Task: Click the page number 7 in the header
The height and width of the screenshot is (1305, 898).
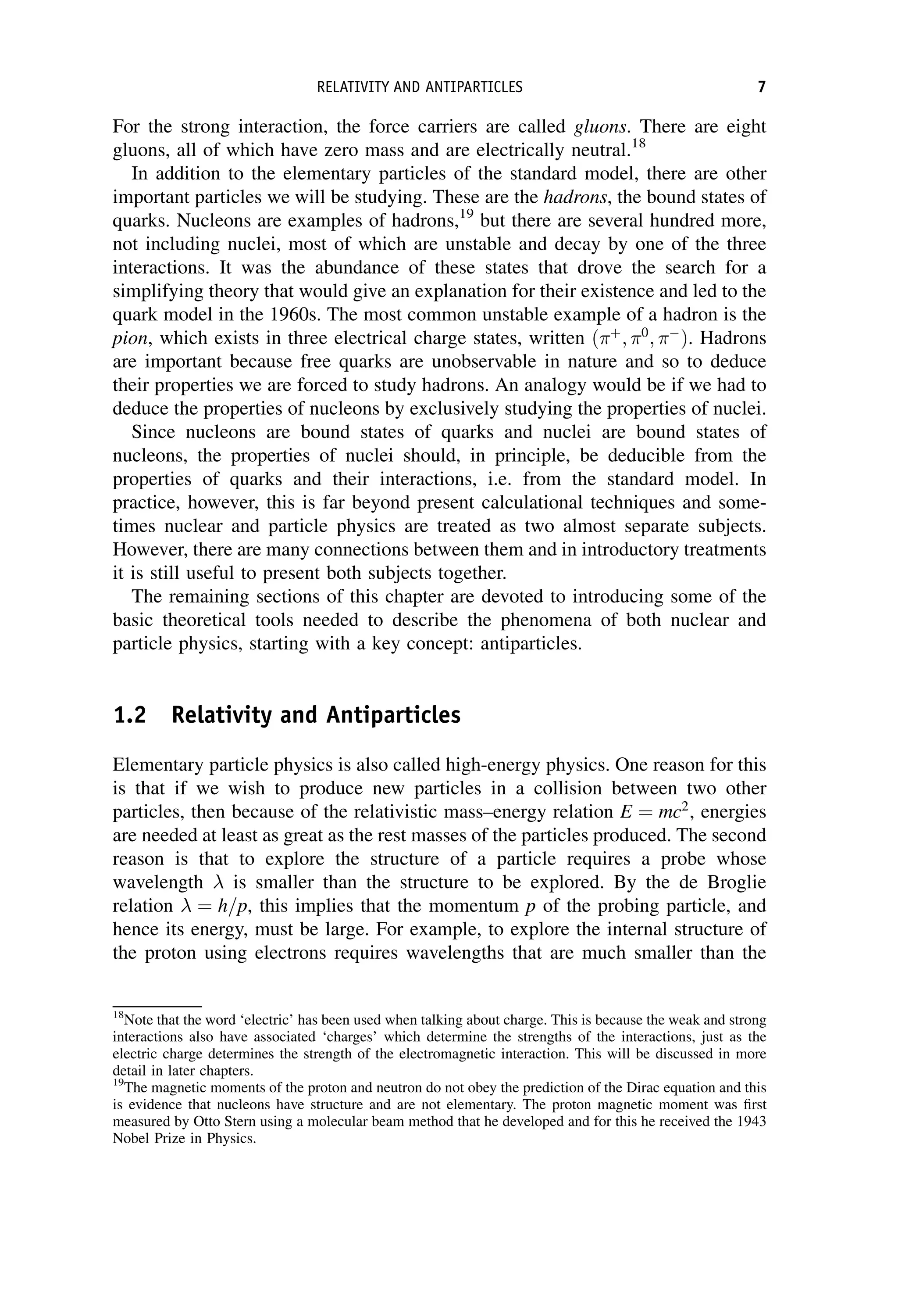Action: click(761, 87)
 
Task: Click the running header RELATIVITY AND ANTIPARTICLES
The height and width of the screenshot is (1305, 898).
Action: click(420, 87)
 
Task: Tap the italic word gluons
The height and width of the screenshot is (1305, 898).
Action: click(599, 127)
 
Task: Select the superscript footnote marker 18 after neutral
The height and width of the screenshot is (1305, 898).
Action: click(636, 143)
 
